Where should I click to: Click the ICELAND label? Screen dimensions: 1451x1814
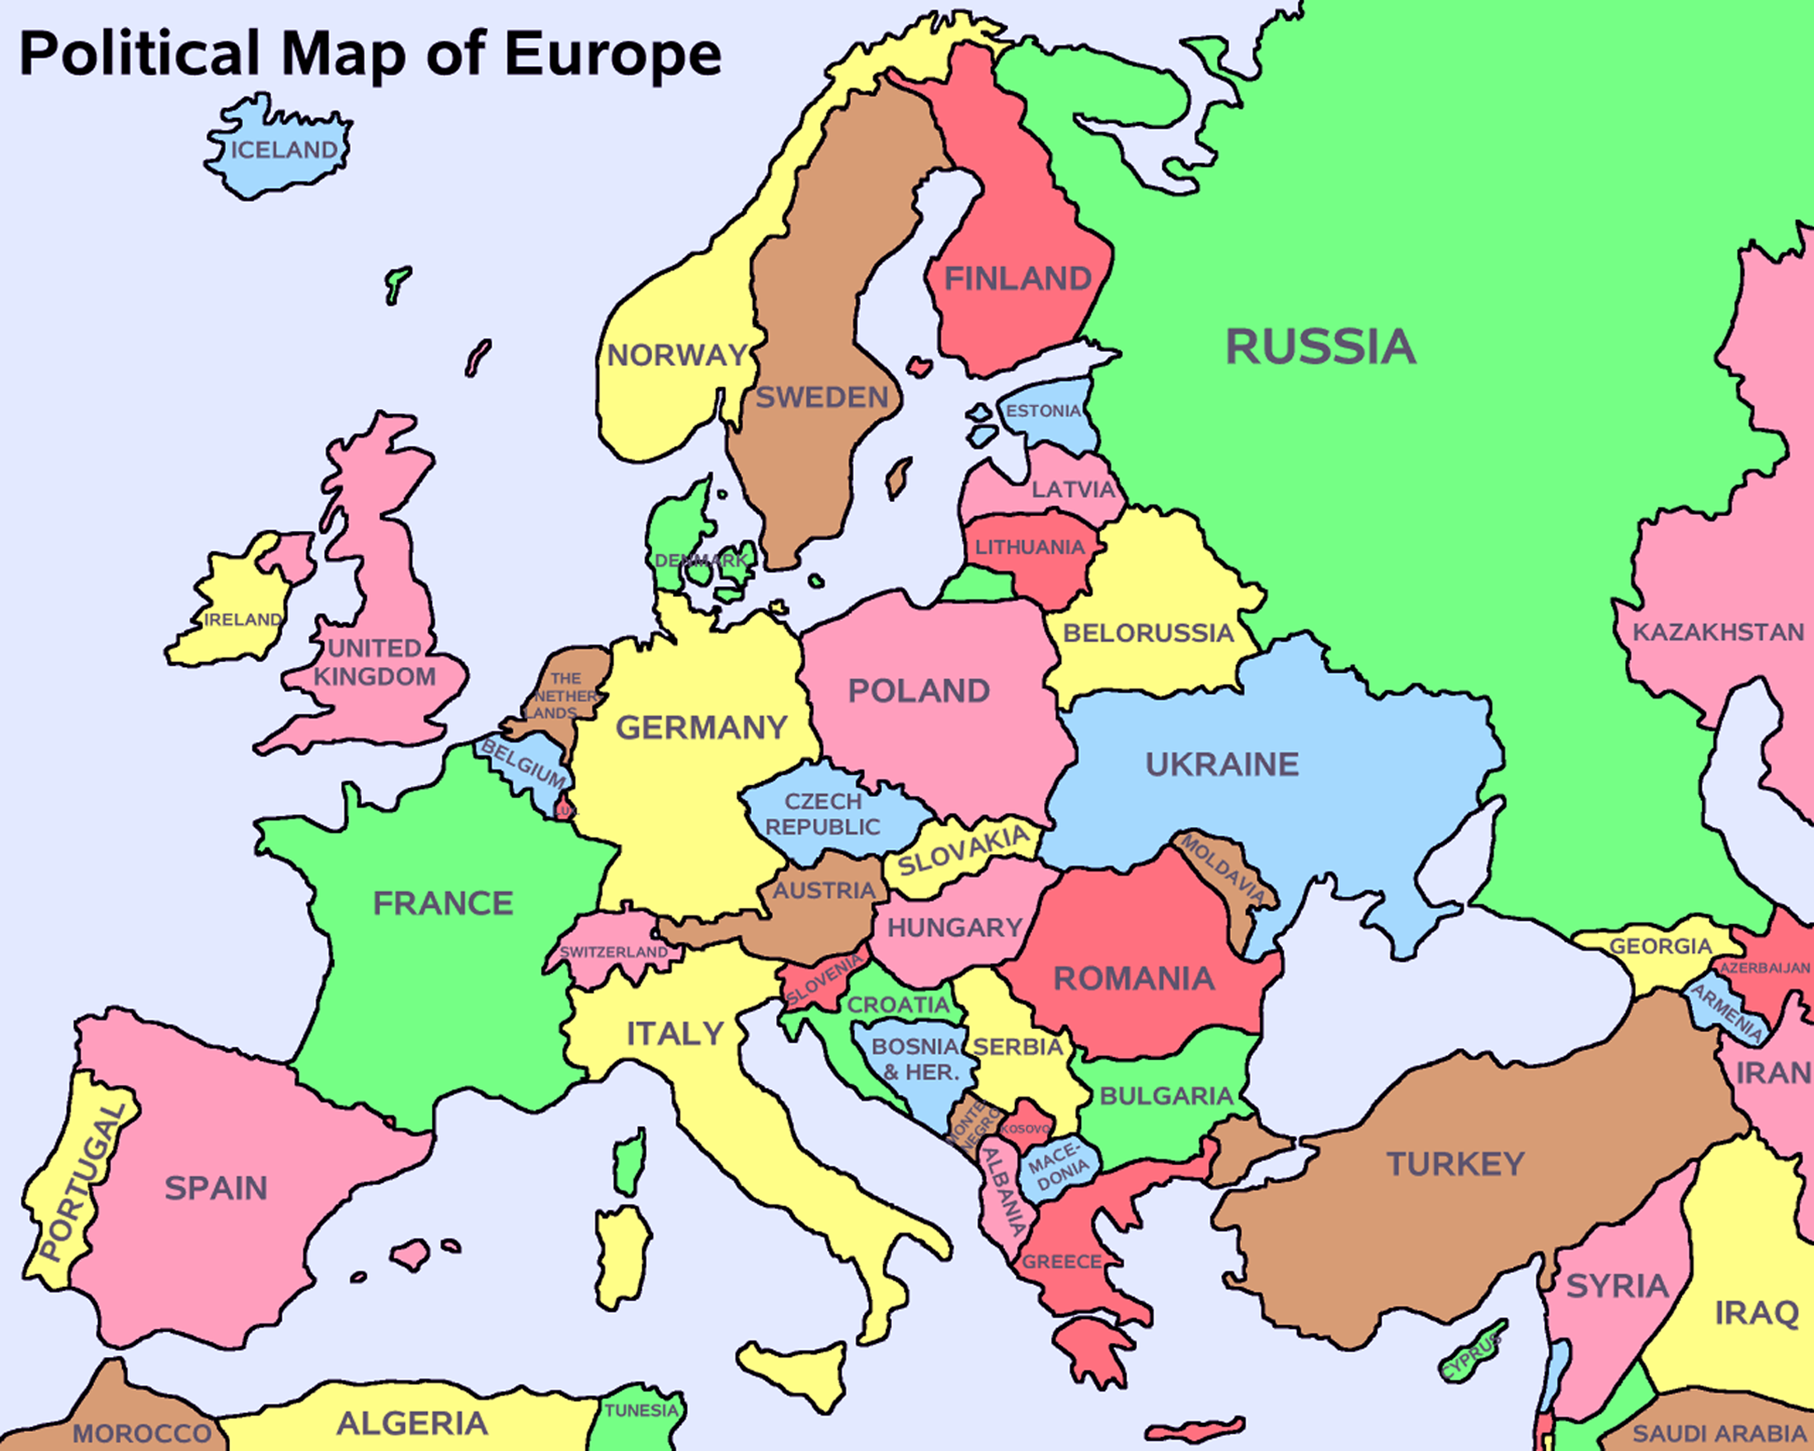[x=284, y=150]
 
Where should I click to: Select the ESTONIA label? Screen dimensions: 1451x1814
[x=1043, y=411]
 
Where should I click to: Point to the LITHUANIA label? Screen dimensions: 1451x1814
[x=1030, y=547]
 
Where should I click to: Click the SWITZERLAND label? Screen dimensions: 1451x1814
[x=614, y=951]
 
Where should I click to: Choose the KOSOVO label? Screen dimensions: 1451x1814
[x=1025, y=1129]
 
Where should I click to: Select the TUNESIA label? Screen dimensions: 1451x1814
[x=641, y=1411]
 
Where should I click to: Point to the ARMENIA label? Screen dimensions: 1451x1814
[x=1727, y=1012]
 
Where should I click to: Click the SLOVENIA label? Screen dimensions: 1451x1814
[x=825, y=980]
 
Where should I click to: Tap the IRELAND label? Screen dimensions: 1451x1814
[x=243, y=620]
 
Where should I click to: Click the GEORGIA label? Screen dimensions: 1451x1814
[x=1661, y=946]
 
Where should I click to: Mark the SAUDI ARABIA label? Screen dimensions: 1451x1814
[x=1719, y=1434]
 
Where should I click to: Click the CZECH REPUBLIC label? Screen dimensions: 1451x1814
[x=823, y=815]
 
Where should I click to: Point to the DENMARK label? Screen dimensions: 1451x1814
[x=700, y=561]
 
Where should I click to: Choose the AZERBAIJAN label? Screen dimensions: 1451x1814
[x=1765, y=968]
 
